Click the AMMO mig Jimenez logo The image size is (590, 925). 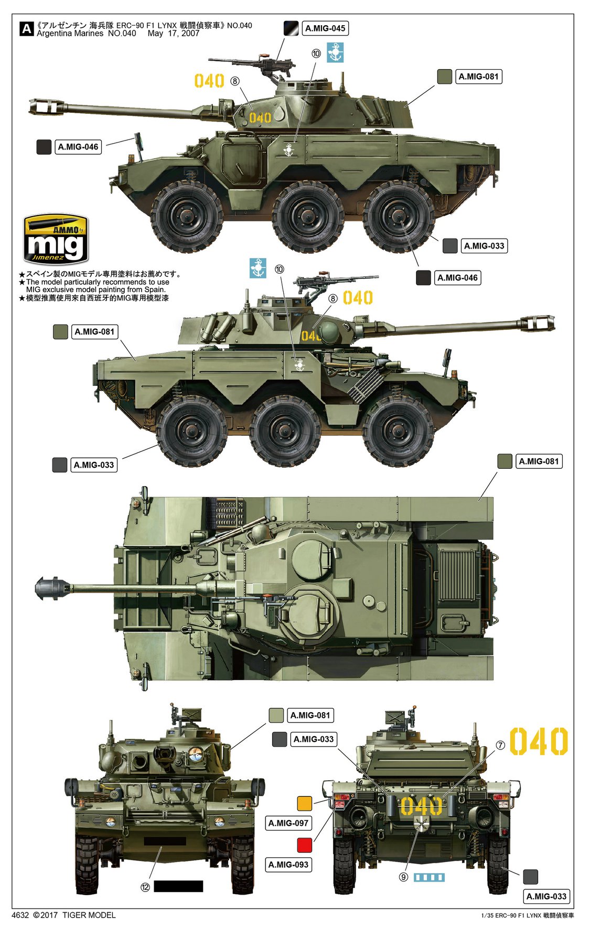coord(56,239)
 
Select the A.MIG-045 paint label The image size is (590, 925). coord(325,28)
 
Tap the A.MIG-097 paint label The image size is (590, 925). coord(288,823)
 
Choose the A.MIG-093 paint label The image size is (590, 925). coord(288,865)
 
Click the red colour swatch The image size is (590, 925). coord(305,845)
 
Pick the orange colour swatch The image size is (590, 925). coord(305,803)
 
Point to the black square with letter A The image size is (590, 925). coord(26,28)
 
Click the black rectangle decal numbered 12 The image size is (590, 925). coord(178,886)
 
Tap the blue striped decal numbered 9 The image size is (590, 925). coord(429,877)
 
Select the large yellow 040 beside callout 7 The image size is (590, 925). coord(539,741)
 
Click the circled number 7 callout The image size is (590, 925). coord(500,745)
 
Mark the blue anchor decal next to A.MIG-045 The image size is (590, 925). coord(335,52)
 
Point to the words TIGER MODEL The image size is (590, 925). coord(89,915)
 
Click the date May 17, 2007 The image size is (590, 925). coord(174,34)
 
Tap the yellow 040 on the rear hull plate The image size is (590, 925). coord(421,806)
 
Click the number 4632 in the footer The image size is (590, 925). coord(20,915)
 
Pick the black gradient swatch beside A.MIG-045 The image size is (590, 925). coord(291,28)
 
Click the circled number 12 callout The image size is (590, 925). coord(145,887)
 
